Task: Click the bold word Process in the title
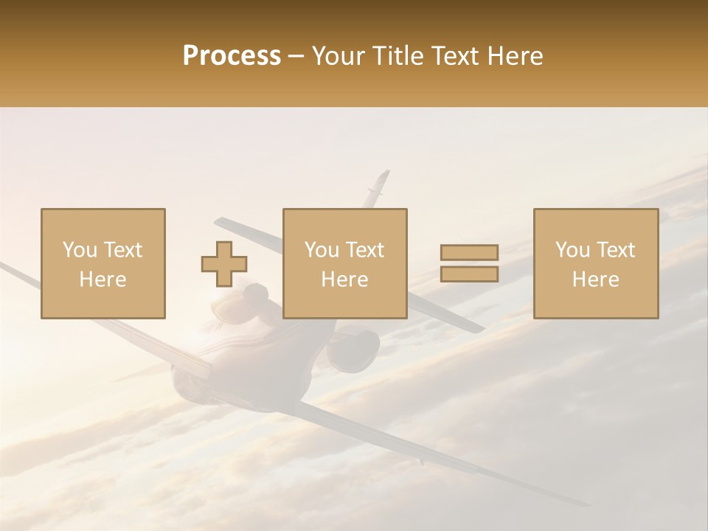[232, 56]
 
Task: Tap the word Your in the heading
[337, 56]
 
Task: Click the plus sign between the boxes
[224, 263]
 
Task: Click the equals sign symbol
[469, 263]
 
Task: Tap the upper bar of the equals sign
[469, 253]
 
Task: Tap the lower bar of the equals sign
[469, 274]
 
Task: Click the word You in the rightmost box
[572, 250]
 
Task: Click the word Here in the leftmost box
[103, 280]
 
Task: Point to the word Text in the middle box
[365, 250]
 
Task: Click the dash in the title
[296, 56]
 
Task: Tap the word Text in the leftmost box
[123, 250]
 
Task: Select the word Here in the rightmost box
[596, 280]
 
